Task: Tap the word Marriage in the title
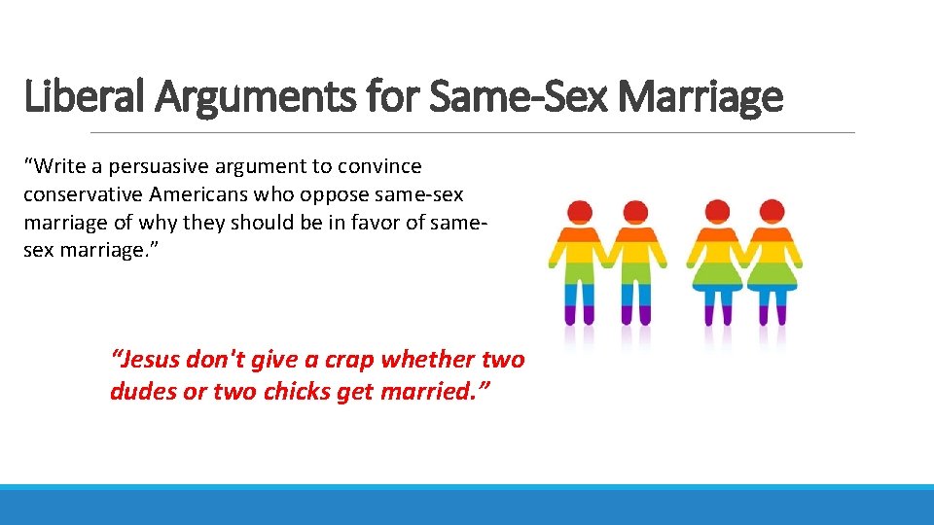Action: (700, 97)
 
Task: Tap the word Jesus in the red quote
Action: (147, 360)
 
